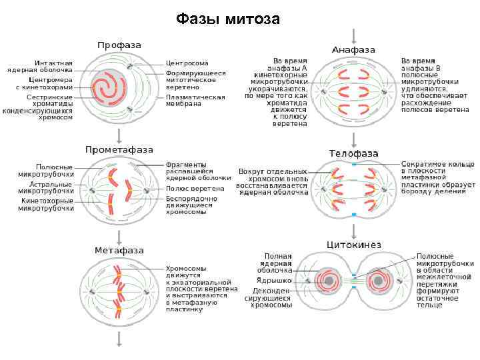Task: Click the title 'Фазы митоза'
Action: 227,19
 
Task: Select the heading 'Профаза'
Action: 119,45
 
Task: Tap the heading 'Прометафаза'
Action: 119,149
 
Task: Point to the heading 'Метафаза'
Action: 119,251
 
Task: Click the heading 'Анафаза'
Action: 353,50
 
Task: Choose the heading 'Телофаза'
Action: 353,153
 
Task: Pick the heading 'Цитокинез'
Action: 353,245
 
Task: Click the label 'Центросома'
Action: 187,63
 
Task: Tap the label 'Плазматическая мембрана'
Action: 195,101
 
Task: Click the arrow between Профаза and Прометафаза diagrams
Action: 119,136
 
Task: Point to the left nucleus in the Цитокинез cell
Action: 327,281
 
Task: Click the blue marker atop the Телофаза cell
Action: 354,163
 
